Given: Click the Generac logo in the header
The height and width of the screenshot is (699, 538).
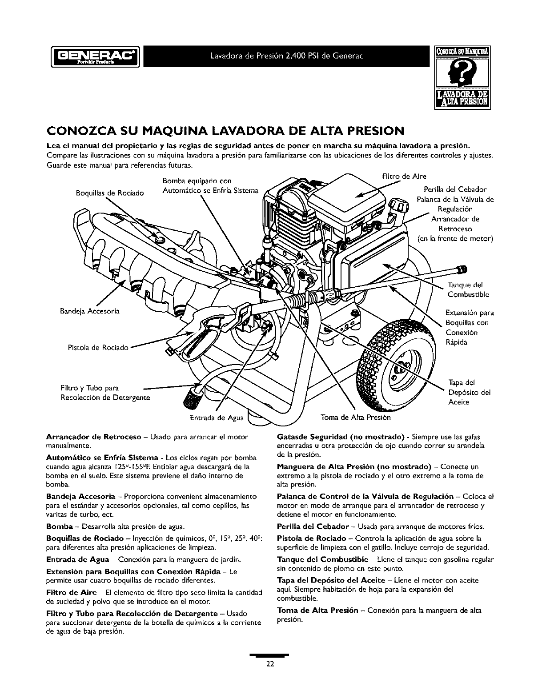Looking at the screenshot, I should pos(96,56).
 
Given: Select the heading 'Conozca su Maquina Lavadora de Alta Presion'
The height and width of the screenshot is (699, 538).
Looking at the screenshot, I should pos(225,131).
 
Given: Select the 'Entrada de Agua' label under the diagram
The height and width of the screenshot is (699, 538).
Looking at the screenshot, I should pos(217,418).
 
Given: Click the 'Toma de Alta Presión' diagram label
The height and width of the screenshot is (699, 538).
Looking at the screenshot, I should pos(356,418).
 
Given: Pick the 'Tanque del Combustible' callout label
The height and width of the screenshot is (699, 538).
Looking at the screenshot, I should pos(468,289).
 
